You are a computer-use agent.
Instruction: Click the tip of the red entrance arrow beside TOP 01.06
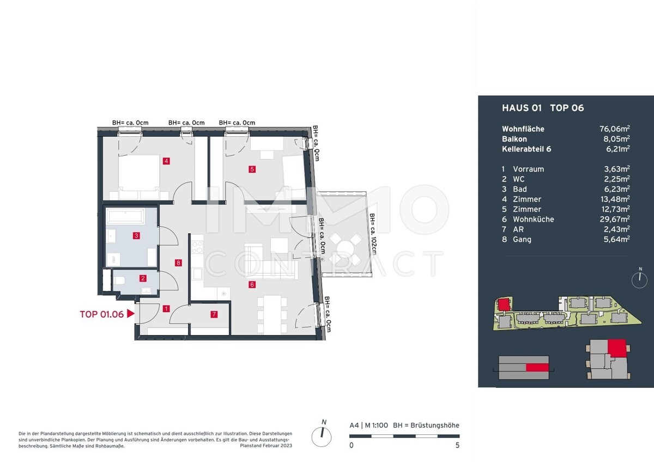tap(135, 314)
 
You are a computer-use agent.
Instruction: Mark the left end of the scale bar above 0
tap(350, 436)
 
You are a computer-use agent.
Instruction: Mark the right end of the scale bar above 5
tap(459, 436)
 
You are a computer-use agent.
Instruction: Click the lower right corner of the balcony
tap(372, 275)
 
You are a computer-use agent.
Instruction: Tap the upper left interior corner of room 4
tap(104, 137)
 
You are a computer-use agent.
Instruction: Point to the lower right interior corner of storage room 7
tap(228, 335)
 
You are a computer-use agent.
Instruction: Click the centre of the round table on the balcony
tap(346, 249)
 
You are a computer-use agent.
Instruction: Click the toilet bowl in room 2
tap(120, 281)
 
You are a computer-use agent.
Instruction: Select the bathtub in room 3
tap(125, 216)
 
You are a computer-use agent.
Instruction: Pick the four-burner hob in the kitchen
tap(197, 247)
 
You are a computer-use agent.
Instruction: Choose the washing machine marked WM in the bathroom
tap(113, 259)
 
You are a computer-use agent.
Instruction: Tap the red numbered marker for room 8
tap(178, 263)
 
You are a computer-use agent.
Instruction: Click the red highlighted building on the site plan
tap(504, 305)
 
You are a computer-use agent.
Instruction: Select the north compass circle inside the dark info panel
tap(639, 280)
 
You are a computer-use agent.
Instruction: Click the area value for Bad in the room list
tap(616, 189)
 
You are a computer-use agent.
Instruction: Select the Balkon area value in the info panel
tap(616, 138)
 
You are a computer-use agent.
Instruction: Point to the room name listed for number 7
tap(518, 229)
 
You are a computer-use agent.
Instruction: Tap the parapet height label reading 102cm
tap(373, 234)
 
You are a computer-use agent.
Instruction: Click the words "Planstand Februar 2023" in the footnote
tap(266, 446)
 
